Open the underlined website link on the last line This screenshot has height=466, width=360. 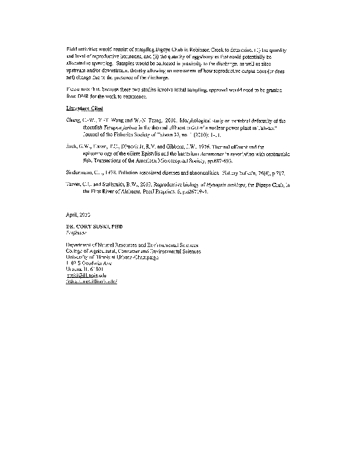(x=91, y=281)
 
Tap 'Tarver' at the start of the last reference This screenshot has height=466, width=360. (x=74, y=184)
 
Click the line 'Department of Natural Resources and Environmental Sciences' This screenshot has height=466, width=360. (x=132, y=245)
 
